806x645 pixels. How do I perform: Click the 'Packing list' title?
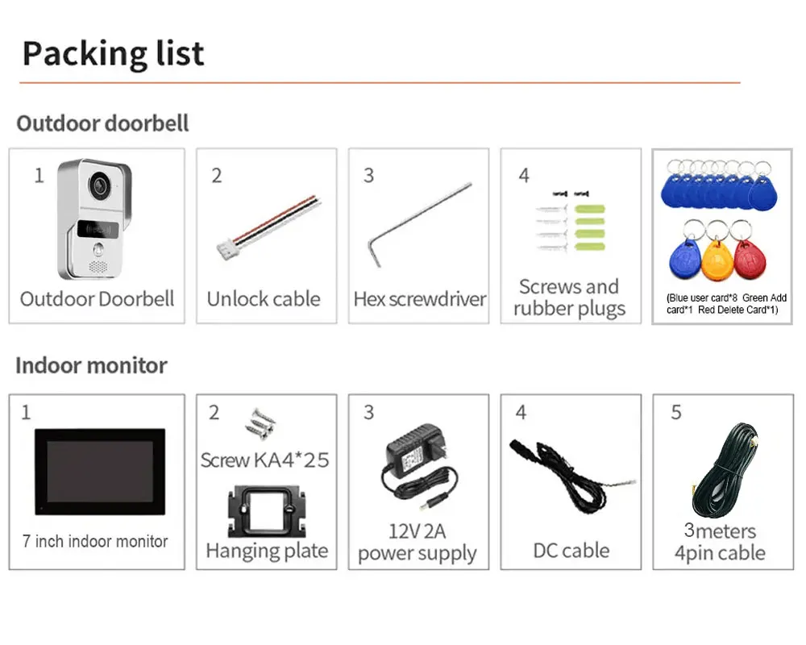[x=113, y=54]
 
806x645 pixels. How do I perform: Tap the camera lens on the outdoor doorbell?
[x=99, y=185]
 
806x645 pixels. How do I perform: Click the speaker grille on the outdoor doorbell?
[x=98, y=267]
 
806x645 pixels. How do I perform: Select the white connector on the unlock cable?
[x=225, y=251]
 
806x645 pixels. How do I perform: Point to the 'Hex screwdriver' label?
[x=419, y=299]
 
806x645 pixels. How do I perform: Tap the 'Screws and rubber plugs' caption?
[x=570, y=298]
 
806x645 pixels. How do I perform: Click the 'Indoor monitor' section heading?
[x=92, y=366]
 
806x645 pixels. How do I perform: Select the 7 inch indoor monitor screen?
[x=100, y=472]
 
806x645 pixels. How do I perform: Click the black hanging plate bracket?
[x=267, y=511]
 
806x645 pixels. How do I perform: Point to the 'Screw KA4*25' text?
[x=264, y=460]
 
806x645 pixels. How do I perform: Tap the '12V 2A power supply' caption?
[x=418, y=542]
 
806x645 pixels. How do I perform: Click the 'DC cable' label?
[x=571, y=551]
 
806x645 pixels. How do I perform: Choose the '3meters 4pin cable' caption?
[x=720, y=542]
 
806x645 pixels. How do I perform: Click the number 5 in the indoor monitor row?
[x=676, y=413]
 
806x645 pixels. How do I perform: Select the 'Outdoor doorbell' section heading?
[x=102, y=123]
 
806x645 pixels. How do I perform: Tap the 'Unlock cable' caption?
[x=264, y=299]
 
